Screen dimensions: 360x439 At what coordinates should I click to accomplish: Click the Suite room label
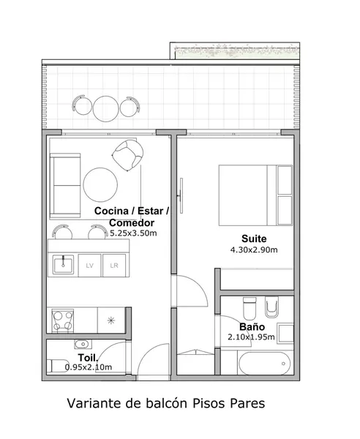point(254,239)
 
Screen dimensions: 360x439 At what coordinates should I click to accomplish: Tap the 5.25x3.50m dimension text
point(133,233)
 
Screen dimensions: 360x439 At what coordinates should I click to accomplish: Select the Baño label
point(252,327)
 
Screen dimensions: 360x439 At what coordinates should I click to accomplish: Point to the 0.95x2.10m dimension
point(89,367)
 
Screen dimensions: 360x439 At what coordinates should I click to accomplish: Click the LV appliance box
point(89,266)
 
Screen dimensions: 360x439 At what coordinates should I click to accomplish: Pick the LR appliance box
point(114,266)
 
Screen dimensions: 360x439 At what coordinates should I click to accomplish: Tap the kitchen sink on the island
point(63,265)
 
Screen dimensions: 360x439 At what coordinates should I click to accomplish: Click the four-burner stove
point(63,320)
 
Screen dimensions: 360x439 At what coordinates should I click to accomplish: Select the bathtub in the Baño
point(265,364)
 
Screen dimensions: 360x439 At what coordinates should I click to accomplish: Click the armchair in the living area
point(128,155)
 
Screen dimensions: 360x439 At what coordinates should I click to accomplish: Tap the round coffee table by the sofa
point(100,185)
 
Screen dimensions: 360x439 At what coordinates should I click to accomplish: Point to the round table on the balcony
point(106,109)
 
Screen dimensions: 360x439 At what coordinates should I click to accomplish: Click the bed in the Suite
point(255,195)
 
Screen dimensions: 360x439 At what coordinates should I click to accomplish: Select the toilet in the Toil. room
point(58,366)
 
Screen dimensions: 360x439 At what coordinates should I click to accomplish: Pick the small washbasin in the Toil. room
point(82,344)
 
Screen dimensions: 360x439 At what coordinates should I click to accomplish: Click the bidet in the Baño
point(271,307)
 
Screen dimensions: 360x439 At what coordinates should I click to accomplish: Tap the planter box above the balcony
point(235,51)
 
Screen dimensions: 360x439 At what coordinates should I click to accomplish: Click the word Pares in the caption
point(247,403)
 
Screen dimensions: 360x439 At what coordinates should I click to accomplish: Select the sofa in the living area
point(65,185)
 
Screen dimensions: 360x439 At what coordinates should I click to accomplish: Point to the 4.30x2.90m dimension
point(254,249)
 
